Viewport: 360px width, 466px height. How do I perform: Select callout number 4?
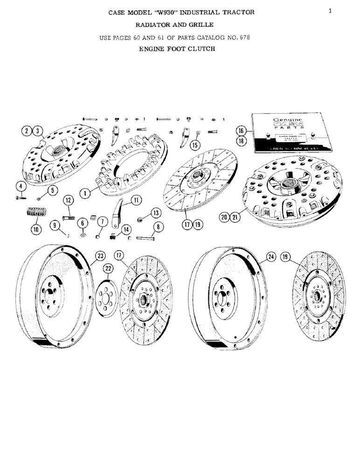[21, 186]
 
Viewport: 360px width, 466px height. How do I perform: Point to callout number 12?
[69, 200]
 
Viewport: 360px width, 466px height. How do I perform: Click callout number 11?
[137, 200]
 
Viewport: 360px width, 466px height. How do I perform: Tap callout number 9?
[55, 225]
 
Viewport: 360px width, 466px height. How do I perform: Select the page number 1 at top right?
[330, 11]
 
